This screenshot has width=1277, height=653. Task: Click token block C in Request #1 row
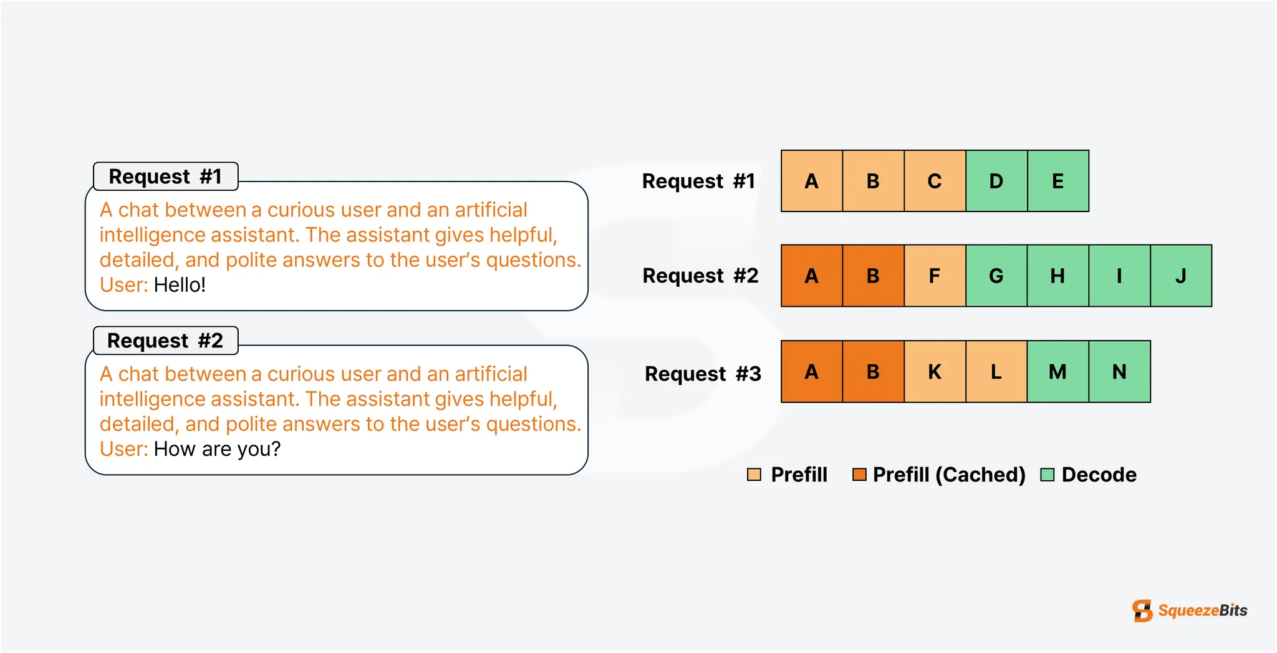(x=935, y=181)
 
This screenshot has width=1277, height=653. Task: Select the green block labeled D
(x=996, y=181)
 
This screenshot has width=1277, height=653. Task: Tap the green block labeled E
(x=1058, y=181)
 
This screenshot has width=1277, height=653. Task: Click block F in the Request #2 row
(x=935, y=276)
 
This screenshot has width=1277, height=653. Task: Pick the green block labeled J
(x=1181, y=276)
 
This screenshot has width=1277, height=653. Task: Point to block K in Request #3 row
(x=935, y=372)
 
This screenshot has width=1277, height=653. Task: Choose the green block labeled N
(x=1119, y=372)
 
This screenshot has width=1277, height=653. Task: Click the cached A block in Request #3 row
(x=812, y=372)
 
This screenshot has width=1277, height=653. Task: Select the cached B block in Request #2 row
(x=873, y=276)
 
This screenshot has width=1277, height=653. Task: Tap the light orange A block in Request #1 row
(x=812, y=181)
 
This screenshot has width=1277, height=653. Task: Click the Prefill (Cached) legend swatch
(x=859, y=475)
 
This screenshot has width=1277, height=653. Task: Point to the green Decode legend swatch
(x=1048, y=475)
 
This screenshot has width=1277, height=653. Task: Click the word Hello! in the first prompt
(x=180, y=285)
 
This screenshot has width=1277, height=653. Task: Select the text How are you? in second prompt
(x=217, y=449)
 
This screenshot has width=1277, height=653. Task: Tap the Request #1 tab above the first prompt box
(x=165, y=177)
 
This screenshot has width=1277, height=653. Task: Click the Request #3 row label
(x=703, y=374)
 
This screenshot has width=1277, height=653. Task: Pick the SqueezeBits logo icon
(x=1142, y=611)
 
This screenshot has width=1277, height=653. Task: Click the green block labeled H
(x=1058, y=276)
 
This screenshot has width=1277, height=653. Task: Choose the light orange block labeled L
(x=996, y=372)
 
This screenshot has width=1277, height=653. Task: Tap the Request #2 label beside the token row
(x=701, y=276)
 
